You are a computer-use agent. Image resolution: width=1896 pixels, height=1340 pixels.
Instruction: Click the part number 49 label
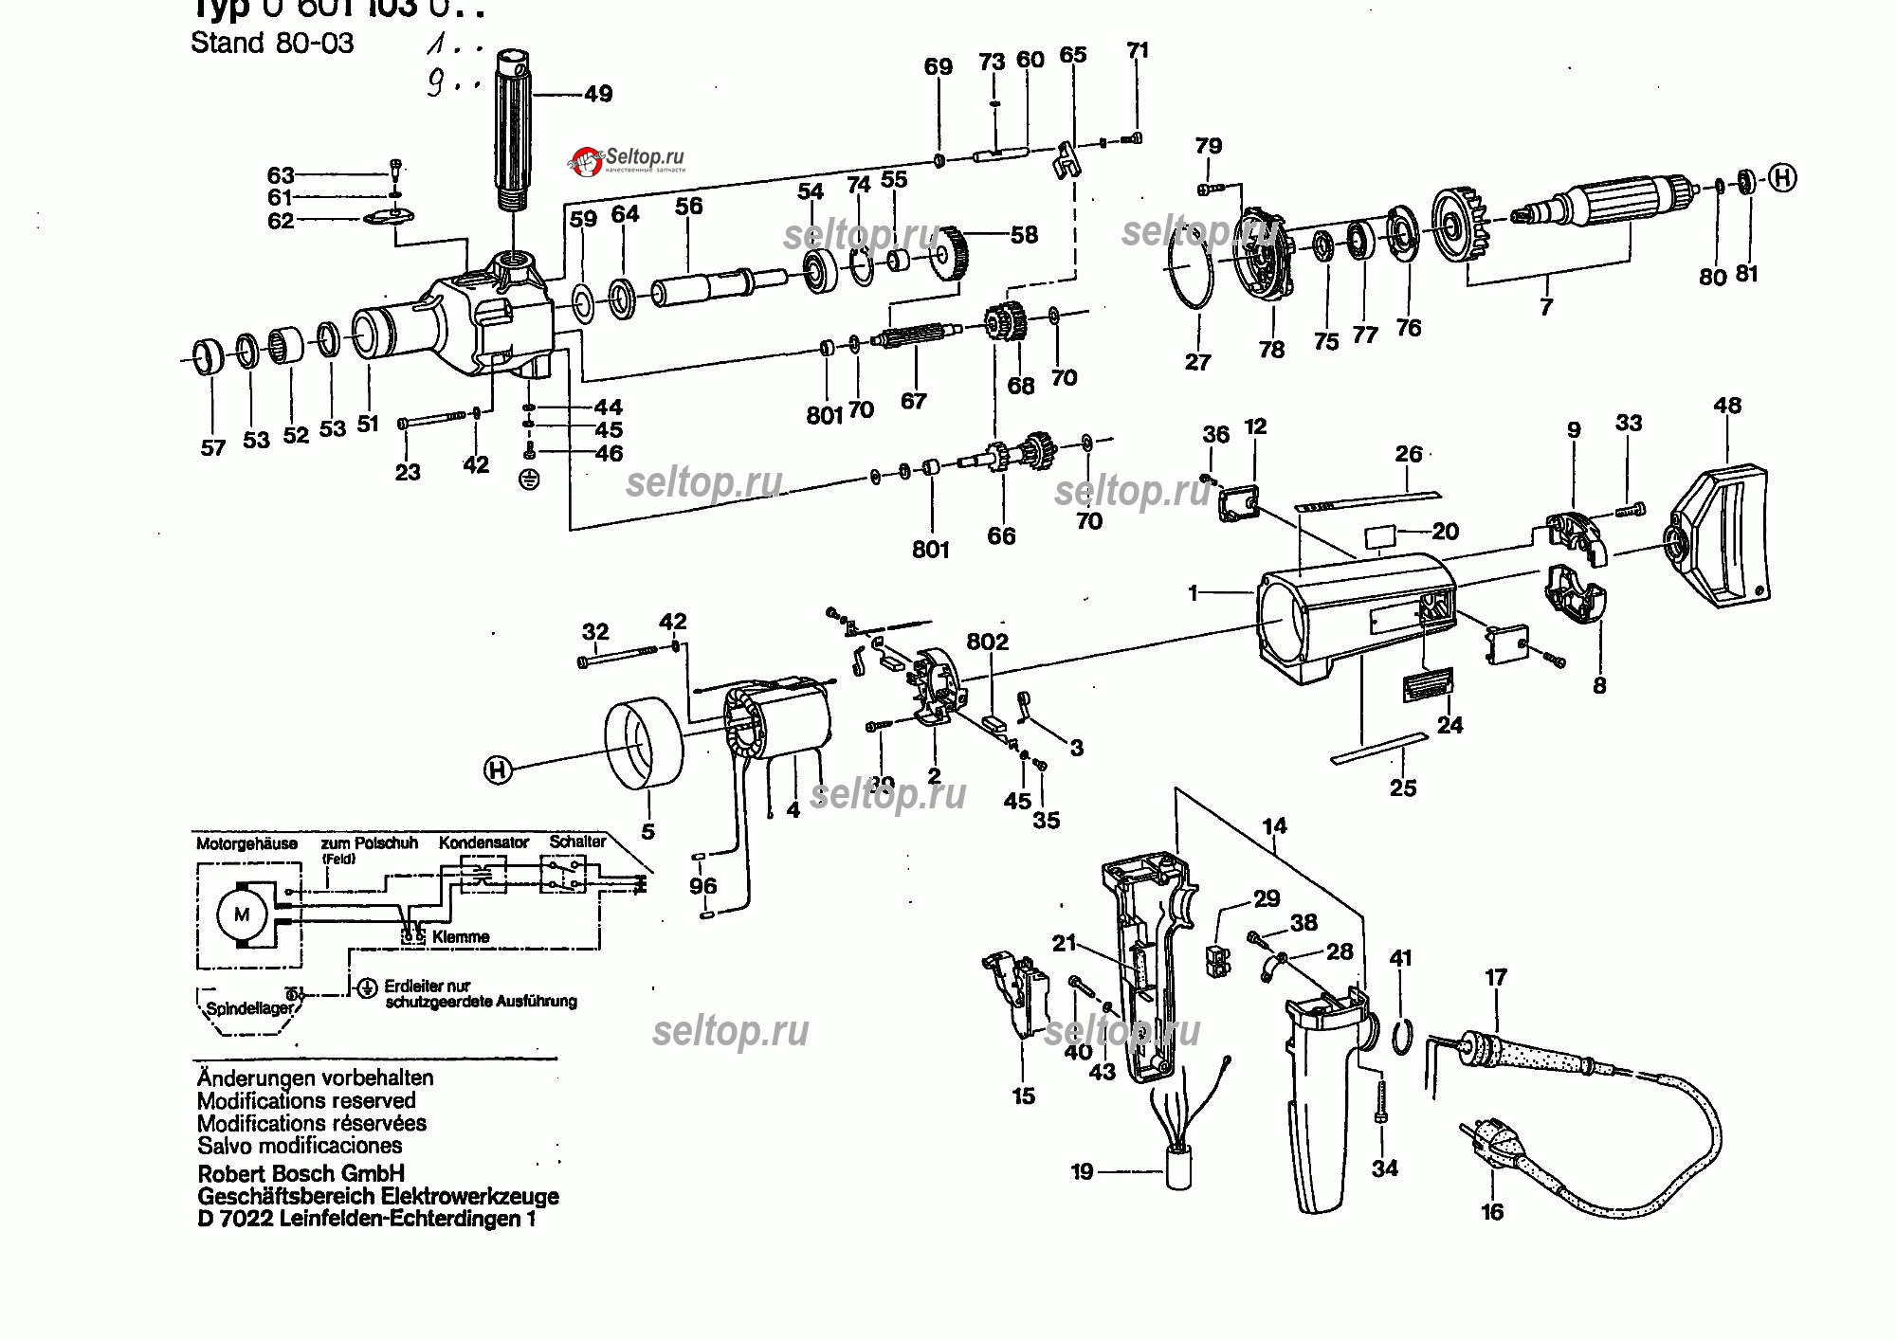598,94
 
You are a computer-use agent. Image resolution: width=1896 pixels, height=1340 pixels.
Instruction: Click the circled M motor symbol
242,914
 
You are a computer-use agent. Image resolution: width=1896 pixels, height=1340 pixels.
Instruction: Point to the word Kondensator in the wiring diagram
483,842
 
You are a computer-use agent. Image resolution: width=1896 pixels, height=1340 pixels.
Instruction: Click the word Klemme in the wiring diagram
461,937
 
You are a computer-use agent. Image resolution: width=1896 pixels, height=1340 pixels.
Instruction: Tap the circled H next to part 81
1782,177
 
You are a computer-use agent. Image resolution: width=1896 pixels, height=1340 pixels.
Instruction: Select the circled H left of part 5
499,770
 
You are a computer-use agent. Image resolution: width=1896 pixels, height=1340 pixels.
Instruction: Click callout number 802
987,642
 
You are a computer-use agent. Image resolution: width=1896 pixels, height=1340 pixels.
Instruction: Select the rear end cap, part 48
1721,535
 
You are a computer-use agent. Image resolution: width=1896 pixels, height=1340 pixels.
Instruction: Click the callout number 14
1274,825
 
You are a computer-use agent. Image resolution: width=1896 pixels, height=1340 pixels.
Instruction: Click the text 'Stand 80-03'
272,44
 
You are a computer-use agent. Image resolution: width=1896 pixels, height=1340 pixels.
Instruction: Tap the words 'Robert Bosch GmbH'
301,1173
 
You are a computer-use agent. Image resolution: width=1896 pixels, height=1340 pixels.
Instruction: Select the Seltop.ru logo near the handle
627,159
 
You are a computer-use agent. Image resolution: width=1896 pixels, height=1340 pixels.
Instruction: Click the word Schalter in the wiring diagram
577,842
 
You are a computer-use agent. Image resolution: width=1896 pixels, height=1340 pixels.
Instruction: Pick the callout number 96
702,886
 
